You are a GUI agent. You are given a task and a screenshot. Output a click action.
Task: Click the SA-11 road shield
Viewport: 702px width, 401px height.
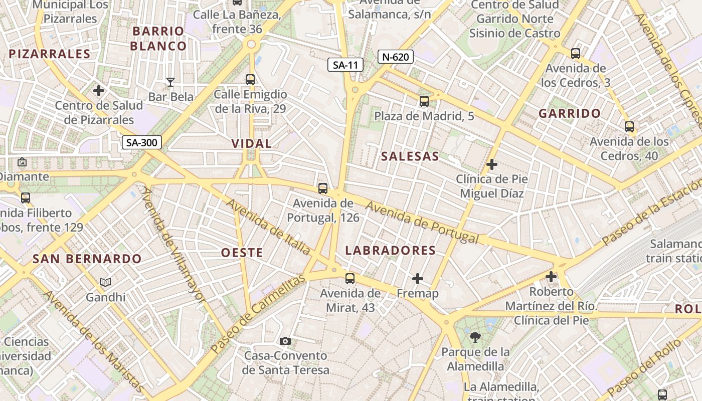(x=345, y=64)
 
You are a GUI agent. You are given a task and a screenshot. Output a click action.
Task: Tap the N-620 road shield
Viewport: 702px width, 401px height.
(x=395, y=57)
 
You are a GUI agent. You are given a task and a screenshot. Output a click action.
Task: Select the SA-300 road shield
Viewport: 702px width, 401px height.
(x=142, y=142)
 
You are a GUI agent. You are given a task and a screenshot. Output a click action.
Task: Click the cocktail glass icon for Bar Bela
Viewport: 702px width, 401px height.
(x=170, y=82)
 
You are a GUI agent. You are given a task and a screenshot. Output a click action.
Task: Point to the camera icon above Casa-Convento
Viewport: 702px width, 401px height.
(x=285, y=341)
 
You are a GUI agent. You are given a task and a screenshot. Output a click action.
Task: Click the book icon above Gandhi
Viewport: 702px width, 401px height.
(x=105, y=283)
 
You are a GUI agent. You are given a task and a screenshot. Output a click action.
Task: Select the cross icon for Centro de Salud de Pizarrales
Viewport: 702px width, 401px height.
(x=99, y=91)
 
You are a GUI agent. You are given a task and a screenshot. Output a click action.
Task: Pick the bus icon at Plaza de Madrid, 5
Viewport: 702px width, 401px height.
(x=424, y=101)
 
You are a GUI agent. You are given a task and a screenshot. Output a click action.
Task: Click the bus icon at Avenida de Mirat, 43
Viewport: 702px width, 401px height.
(x=350, y=279)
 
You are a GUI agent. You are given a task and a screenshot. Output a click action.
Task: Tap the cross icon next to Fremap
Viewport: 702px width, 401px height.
(x=418, y=279)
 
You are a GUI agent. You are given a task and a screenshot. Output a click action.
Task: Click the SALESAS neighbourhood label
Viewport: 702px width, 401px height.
(x=410, y=156)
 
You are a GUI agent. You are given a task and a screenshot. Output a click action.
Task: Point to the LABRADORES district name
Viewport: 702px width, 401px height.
(x=390, y=251)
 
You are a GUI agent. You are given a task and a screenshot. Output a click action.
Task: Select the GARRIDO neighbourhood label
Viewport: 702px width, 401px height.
(x=570, y=114)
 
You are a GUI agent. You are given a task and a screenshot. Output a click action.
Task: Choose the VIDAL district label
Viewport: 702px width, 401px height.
(x=251, y=144)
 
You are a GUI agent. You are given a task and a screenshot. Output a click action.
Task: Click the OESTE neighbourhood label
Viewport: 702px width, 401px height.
(x=242, y=253)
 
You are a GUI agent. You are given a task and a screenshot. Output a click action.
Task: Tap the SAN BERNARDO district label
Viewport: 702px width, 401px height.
(x=87, y=259)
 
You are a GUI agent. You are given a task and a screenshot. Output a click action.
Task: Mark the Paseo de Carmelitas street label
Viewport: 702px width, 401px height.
(x=258, y=314)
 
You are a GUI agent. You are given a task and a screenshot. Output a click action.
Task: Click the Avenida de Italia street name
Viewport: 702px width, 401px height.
(x=269, y=226)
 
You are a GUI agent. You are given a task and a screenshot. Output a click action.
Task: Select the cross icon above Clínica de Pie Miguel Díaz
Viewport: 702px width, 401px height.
(x=492, y=164)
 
